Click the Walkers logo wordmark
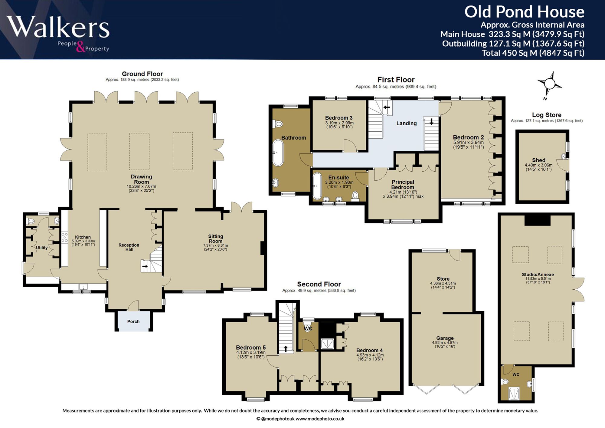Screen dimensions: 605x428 (x=58, y=27)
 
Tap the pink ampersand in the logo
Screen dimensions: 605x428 (x=80, y=47)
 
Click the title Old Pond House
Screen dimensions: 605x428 (x=524, y=12)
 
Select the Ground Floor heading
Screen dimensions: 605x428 (x=142, y=74)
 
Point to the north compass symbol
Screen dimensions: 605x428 (x=549, y=85)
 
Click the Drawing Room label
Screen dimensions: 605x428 (x=141, y=179)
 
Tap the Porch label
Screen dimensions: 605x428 (x=133, y=321)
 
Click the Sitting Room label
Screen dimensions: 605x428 (x=215, y=239)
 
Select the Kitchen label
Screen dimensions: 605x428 (x=83, y=237)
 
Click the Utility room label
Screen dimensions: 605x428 (x=42, y=248)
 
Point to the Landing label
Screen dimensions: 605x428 (x=407, y=123)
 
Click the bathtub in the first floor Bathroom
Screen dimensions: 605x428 (x=278, y=153)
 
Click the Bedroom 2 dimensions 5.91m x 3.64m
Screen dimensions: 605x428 (x=468, y=143)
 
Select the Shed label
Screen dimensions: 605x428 (x=539, y=160)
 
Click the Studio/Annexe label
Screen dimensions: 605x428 (x=538, y=275)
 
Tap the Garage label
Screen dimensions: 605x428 (x=445, y=338)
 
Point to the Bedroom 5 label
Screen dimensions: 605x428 (x=251, y=347)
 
